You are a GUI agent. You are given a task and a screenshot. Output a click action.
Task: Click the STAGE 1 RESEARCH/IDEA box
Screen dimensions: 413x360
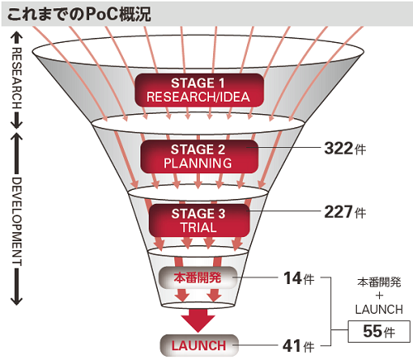[199, 90]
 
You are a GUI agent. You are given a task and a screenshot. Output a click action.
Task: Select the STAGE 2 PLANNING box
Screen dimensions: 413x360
[199, 156]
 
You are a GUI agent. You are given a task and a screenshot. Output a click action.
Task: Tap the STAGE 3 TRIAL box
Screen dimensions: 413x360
[199, 220]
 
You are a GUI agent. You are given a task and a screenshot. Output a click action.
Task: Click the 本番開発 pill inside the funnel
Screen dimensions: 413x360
[198, 277]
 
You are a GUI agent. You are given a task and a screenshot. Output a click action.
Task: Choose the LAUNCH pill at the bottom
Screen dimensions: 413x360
[199, 346]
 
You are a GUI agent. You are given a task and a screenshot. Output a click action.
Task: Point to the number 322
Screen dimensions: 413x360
[339, 148]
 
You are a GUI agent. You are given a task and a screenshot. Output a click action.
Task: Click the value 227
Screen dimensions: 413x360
[339, 211]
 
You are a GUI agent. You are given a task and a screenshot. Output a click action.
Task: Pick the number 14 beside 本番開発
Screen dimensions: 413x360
[292, 278]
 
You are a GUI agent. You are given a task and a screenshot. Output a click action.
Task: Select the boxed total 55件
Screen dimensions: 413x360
[379, 331]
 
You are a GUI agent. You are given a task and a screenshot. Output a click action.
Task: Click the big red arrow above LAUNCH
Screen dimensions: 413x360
[198, 320]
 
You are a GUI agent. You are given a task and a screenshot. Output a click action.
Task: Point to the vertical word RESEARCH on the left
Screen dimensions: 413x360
[17, 78]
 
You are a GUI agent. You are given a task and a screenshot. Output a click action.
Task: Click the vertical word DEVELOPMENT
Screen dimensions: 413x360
[17, 221]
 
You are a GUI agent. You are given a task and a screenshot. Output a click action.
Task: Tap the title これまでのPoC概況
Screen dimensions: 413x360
[79, 14]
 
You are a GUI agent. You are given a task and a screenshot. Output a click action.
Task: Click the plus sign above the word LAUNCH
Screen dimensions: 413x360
[379, 296]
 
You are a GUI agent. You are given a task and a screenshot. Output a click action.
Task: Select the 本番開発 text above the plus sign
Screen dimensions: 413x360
[379, 282]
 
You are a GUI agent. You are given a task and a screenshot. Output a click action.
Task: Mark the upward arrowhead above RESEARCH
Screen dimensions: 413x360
[17, 37]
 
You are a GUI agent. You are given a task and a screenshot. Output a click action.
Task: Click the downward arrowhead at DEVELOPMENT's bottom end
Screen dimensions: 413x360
[17, 301]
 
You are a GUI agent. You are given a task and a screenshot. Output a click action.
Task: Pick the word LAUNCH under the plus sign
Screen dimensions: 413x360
[379, 310]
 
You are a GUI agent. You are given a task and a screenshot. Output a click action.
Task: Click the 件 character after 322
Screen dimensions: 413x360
[360, 149]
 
